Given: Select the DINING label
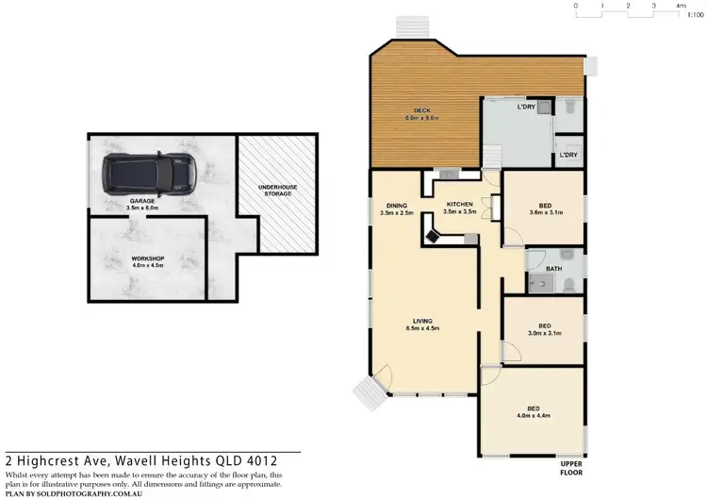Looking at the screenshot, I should pyautogui.click(x=396, y=208).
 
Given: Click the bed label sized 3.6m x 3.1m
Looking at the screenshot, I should pyautogui.click(x=545, y=209).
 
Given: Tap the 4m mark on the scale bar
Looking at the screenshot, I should pyautogui.click(x=682, y=6).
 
